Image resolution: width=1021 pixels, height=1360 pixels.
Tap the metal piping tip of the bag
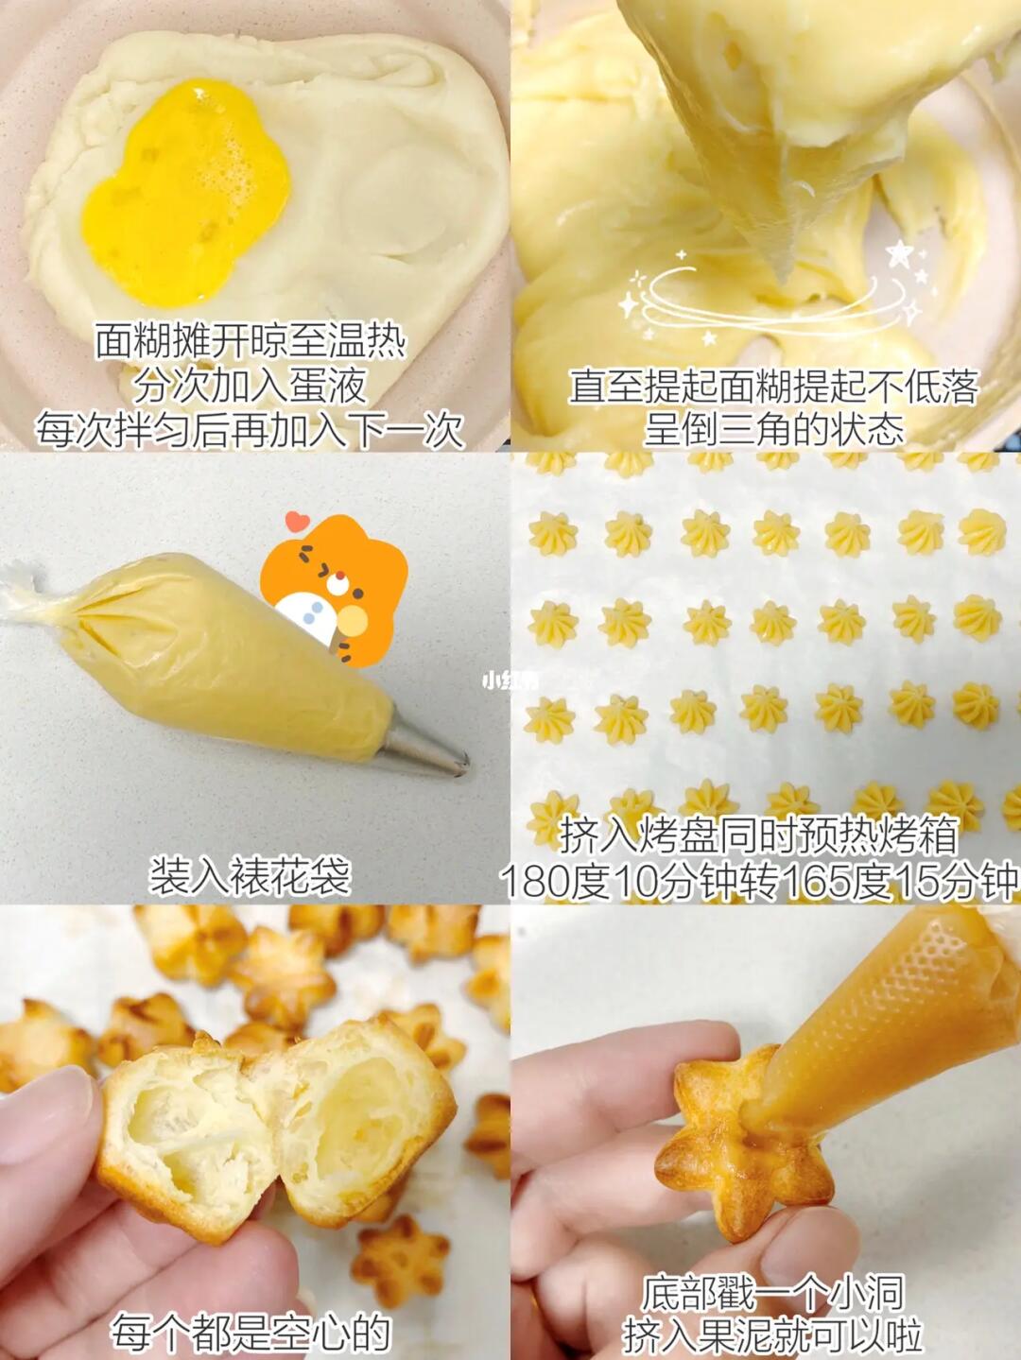[x=427, y=739]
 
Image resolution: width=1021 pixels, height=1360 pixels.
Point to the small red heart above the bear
[x=298, y=521]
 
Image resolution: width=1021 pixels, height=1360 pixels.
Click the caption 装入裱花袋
[x=249, y=875]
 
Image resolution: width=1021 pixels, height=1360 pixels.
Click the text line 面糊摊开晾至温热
[x=250, y=342]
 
